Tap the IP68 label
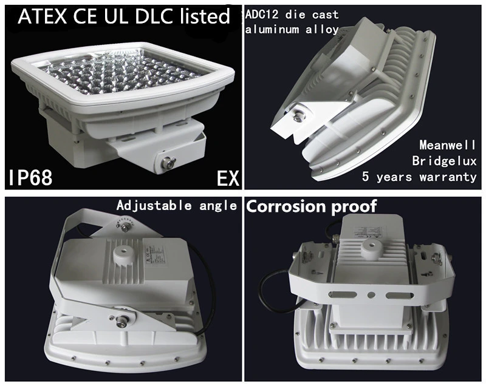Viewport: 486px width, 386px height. point(30,177)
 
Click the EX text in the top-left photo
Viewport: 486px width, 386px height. point(228,178)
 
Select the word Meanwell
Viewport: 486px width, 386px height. point(448,145)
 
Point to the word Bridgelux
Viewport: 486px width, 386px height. point(444,161)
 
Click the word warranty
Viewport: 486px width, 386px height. point(448,177)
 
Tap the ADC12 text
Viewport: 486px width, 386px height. point(260,15)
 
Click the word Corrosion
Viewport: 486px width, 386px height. point(286,206)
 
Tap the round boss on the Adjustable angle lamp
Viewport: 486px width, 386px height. point(121,254)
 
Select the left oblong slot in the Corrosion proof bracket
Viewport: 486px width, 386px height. point(344,295)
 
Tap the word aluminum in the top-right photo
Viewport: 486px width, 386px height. point(272,30)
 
